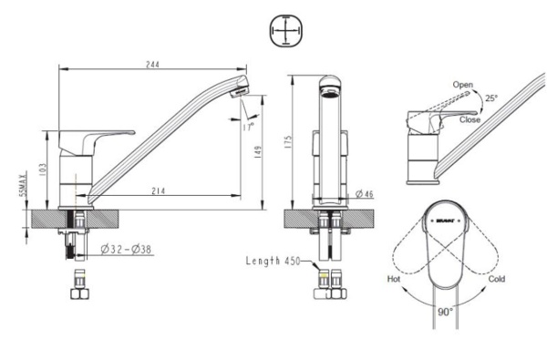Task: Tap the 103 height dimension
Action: (x=42, y=170)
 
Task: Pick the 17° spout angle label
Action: (x=248, y=128)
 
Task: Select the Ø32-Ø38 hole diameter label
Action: (x=127, y=249)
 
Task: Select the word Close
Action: (x=470, y=119)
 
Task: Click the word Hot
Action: (x=394, y=279)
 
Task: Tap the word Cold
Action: (x=496, y=279)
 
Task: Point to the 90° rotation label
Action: (x=444, y=311)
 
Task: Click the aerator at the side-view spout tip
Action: (x=239, y=91)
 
